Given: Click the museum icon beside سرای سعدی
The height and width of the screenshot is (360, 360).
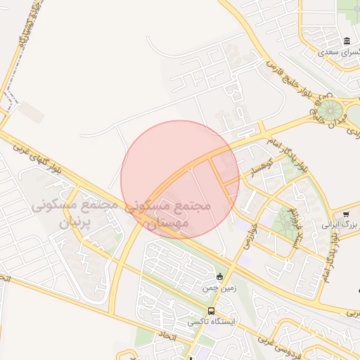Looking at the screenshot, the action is coord(347,41).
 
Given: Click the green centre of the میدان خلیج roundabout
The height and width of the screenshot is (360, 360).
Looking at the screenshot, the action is coord(328,110).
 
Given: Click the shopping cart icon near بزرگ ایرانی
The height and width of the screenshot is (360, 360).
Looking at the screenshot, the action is coord(346,214).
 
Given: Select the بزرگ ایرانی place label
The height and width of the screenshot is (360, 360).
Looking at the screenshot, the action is coord(340,224).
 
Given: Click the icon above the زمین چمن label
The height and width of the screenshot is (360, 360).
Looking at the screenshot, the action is coord(221,276).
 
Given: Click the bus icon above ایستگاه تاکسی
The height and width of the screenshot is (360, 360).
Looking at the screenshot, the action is coord(211,311).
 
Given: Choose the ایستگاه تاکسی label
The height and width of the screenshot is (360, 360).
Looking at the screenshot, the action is coord(211,322).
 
